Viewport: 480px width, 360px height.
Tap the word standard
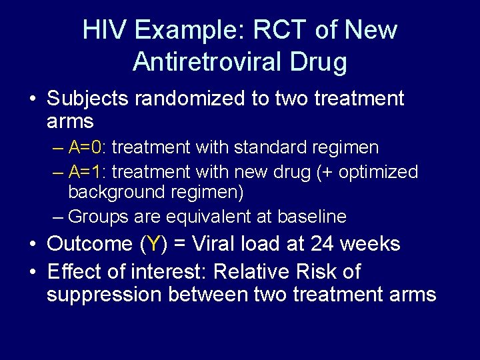[x=263, y=147]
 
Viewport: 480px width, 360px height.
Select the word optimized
[x=378, y=172]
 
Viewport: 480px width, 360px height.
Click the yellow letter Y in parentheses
[x=154, y=244]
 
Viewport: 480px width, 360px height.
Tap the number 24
[x=325, y=244]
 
